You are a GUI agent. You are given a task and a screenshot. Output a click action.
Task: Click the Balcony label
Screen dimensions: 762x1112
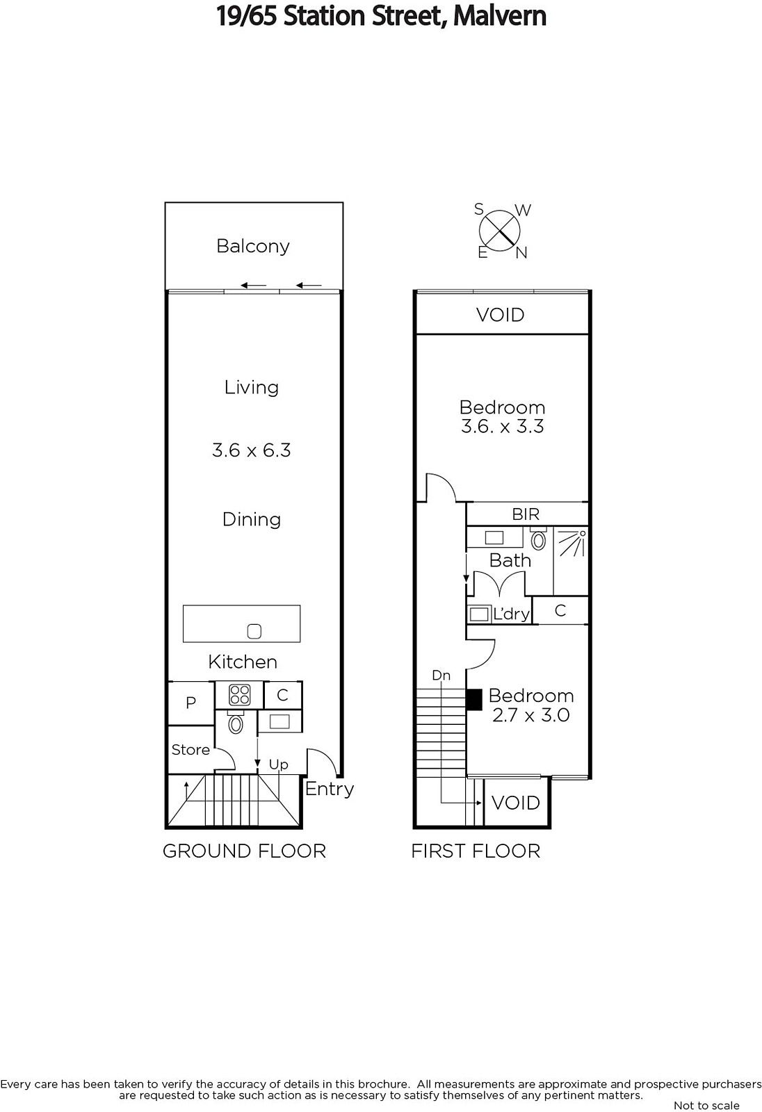tap(253, 246)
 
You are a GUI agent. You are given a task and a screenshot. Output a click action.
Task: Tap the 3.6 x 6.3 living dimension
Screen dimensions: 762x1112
tap(252, 450)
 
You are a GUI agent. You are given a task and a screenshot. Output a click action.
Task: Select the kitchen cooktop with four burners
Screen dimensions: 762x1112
tap(239, 694)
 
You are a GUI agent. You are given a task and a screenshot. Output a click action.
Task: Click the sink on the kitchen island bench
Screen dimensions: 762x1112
tap(254, 632)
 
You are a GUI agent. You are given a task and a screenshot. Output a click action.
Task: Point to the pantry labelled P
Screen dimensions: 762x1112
tap(190, 703)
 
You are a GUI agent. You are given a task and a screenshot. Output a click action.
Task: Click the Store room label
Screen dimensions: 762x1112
tap(190, 750)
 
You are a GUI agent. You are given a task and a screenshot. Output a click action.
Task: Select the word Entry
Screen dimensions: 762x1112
tap(330, 789)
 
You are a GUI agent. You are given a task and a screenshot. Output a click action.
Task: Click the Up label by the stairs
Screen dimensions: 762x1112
tap(278, 765)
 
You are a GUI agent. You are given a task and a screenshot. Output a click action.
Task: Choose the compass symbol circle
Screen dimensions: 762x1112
tap(500, 231)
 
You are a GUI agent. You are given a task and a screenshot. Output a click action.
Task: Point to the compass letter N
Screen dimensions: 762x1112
tap(521, 253)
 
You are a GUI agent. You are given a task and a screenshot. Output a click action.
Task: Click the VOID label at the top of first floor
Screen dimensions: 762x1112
tap(500, 315)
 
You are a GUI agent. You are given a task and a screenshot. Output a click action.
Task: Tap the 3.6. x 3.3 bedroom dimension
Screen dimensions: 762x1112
tap(502, 426)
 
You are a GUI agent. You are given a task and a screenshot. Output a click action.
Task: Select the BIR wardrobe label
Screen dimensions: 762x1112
tap(526, 514)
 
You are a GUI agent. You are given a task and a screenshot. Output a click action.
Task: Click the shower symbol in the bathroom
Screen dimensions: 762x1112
tap(571, 543)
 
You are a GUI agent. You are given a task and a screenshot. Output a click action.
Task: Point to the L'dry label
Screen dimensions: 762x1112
tap(511, 614)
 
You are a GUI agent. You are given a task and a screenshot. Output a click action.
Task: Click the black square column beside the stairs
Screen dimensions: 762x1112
tap(474, 699)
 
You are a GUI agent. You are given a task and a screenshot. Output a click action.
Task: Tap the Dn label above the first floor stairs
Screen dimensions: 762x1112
tap(441, 675)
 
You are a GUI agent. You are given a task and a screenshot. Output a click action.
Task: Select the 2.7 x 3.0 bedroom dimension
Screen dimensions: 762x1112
tap(531, 715)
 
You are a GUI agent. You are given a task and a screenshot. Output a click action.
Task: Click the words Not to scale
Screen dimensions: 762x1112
tap(706, 1105)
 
